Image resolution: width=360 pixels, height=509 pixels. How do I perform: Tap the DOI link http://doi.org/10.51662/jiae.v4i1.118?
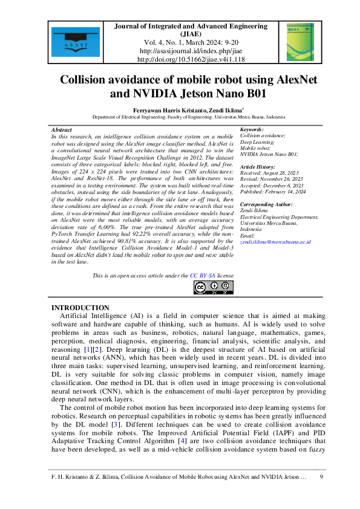point(182,60)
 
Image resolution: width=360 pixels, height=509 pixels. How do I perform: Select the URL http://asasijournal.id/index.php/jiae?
point(182,51)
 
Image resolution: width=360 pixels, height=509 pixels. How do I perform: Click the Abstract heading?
point(62,130)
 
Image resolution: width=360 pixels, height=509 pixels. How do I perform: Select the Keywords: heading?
point(252,130)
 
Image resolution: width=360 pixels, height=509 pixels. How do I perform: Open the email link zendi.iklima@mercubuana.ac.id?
point(275,242)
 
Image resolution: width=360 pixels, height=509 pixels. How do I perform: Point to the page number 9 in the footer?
point(321,477)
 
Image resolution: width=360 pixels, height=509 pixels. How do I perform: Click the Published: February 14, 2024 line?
point(272,192)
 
